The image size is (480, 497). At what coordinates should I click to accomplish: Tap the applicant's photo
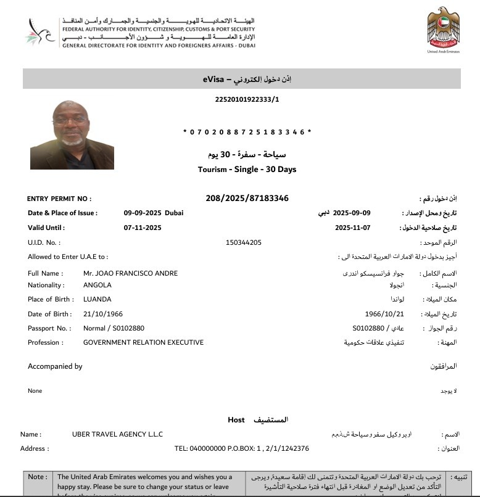coord(72,134)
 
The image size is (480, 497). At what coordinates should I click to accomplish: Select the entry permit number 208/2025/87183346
coord(247,199)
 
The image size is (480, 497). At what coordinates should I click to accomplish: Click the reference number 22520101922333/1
coord(247,99)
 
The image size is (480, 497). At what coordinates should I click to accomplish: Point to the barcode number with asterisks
coord(247,132)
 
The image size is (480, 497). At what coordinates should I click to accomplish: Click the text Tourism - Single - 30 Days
coord(247,169)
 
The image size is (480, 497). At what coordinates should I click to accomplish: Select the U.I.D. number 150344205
coord(244,242)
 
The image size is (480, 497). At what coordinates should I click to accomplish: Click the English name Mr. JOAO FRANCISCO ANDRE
coord(130,273)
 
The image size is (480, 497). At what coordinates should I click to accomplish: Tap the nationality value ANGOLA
coord(97,285)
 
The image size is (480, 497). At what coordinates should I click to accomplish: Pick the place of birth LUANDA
coord(97,299)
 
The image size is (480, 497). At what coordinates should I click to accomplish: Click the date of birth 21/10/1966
coord(102,314)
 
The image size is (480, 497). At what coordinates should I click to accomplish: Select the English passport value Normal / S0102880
coord(114,328)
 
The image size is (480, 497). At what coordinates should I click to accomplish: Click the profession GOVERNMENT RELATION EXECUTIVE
coord(143,342)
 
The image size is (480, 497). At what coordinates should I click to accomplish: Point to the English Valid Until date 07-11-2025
coord(143,228)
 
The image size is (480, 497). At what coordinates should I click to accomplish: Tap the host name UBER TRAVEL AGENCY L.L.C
coord(117,434)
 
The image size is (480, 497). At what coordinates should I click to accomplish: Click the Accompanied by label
coord(55,366)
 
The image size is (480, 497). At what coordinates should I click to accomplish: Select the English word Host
coord(236,420)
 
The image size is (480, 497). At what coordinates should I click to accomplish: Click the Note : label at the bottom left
coord(37,477)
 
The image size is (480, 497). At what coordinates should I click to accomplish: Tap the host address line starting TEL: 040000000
coord(242,448)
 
